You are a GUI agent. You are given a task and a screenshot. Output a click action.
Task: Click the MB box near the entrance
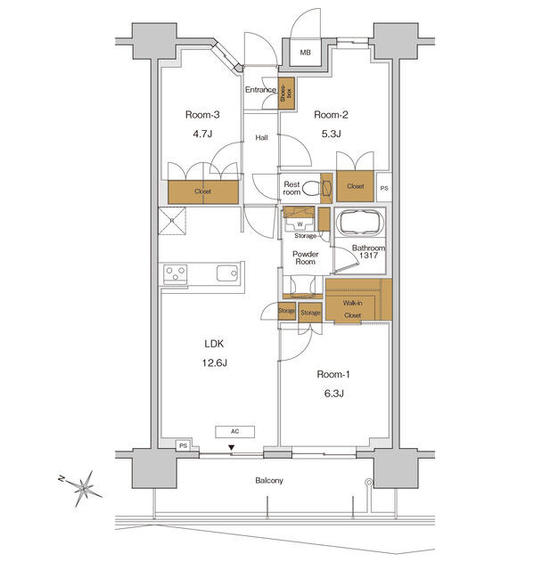tap(306, 53)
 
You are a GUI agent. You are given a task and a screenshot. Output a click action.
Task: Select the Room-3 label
tap(202, 114)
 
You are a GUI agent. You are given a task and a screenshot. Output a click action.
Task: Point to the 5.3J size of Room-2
tap(331, 135)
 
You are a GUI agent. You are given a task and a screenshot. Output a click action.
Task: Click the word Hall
tap(262, 137)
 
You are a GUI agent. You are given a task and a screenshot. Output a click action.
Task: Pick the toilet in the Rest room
tap(311, 188)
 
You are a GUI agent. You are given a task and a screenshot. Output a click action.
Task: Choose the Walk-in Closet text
tap(352, 309)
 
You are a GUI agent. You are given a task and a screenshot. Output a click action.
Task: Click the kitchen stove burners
tap(175, 273)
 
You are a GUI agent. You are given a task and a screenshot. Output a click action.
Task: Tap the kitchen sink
tap(226, 273)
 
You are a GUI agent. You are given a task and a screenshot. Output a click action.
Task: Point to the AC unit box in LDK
tap(235, 431)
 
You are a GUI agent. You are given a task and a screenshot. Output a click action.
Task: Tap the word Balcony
tap(269, 481)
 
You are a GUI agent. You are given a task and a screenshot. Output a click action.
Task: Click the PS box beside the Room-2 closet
tap(383, 188)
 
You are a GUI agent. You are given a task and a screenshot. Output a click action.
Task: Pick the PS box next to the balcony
tap(182, 445)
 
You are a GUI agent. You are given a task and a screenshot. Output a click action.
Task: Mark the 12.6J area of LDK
tap(213, 362)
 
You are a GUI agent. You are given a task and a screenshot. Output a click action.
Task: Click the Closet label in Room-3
tap(203, 191)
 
